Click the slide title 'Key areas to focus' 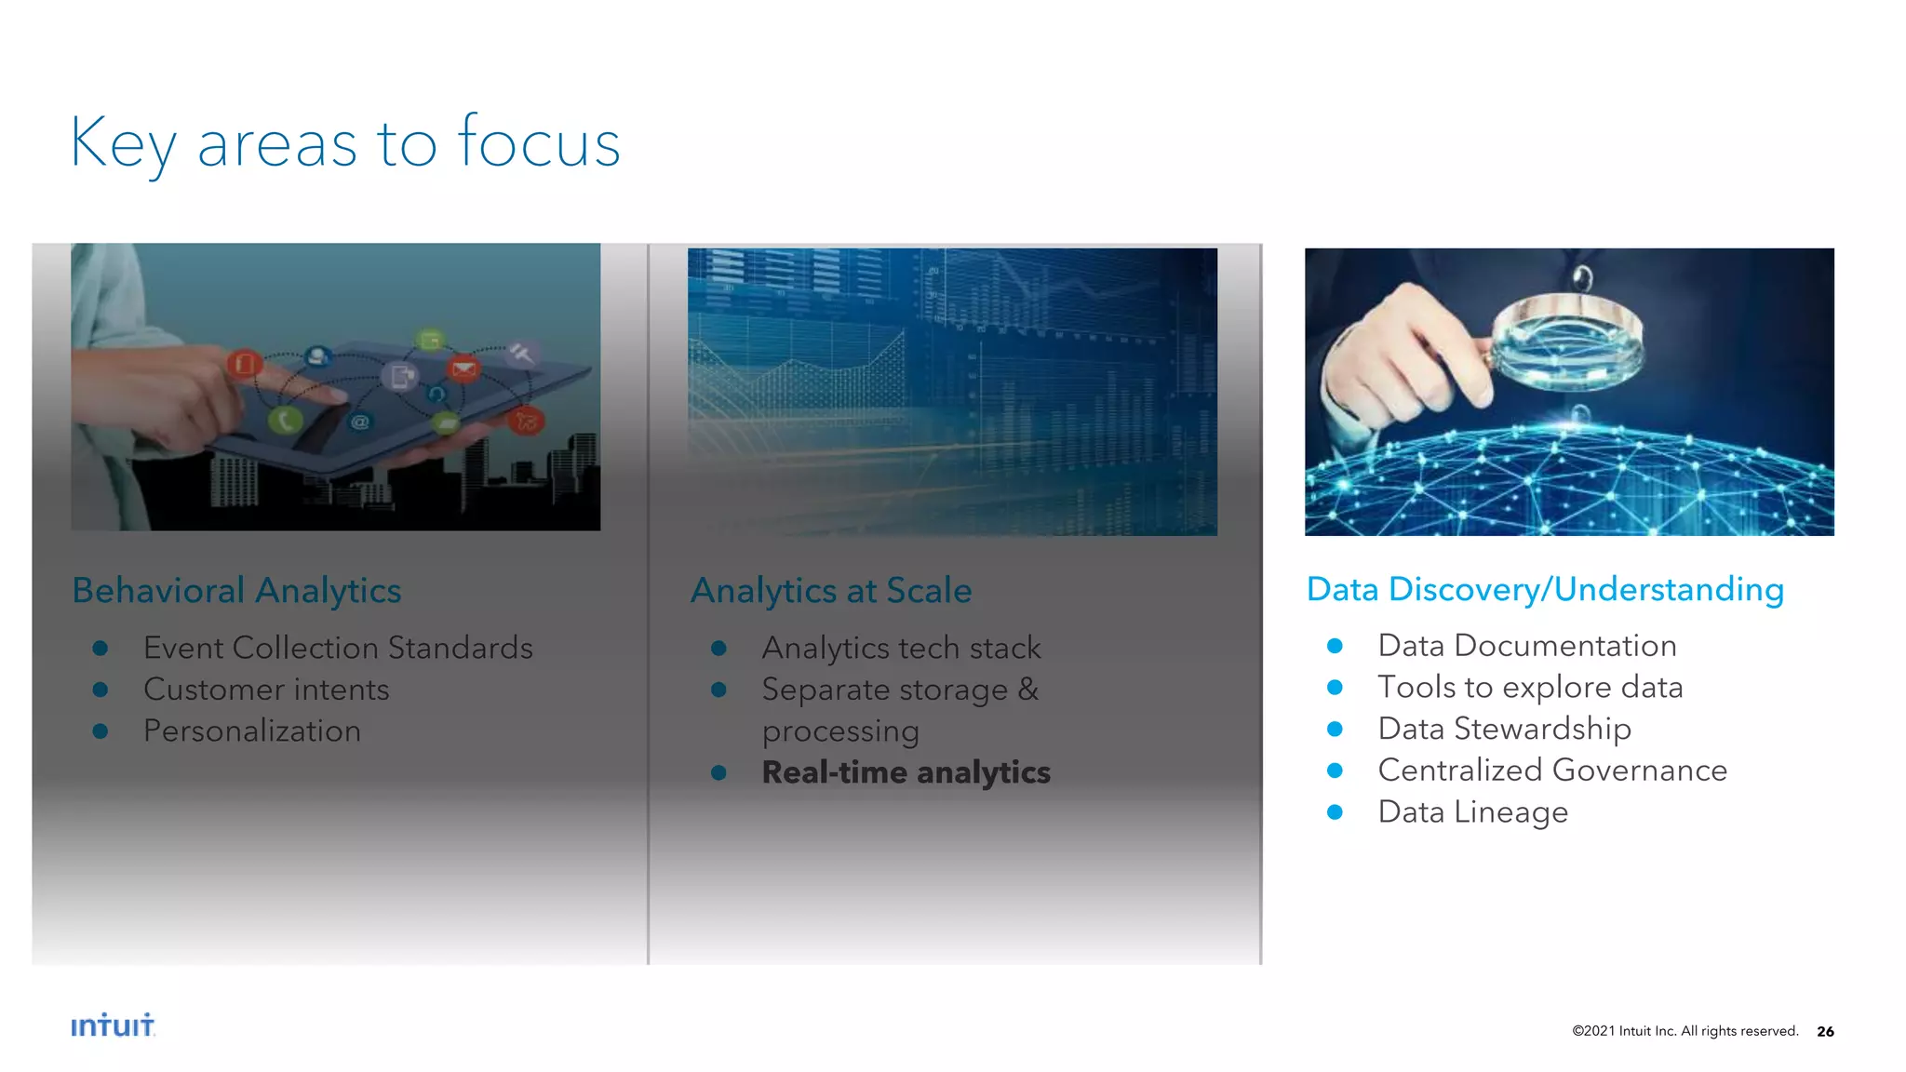[x=344, y=142]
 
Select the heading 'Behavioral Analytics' [x=236, y=590]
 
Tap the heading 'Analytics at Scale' [x=830, y=590]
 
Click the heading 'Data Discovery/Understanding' [x=1545, y=589]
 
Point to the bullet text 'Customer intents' [x=266, y=690]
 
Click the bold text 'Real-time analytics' [x=906, y=772]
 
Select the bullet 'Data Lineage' [x=1472, y=811]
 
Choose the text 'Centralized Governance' [x=1551, y=770]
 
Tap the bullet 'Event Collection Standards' [x=338, y=648]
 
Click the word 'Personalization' [x=251, y=731]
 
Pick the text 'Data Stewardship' [x=1504, y=729]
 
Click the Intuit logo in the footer [x=113, y=1025]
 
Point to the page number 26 [x=1825, y=1031]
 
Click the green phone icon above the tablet [x=285, y=421]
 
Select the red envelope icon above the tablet [x=463, y=369]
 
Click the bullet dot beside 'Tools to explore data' [x=1335, y=688]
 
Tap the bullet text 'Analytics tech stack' [x=901, y=648]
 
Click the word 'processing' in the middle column [x=840, y=731]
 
